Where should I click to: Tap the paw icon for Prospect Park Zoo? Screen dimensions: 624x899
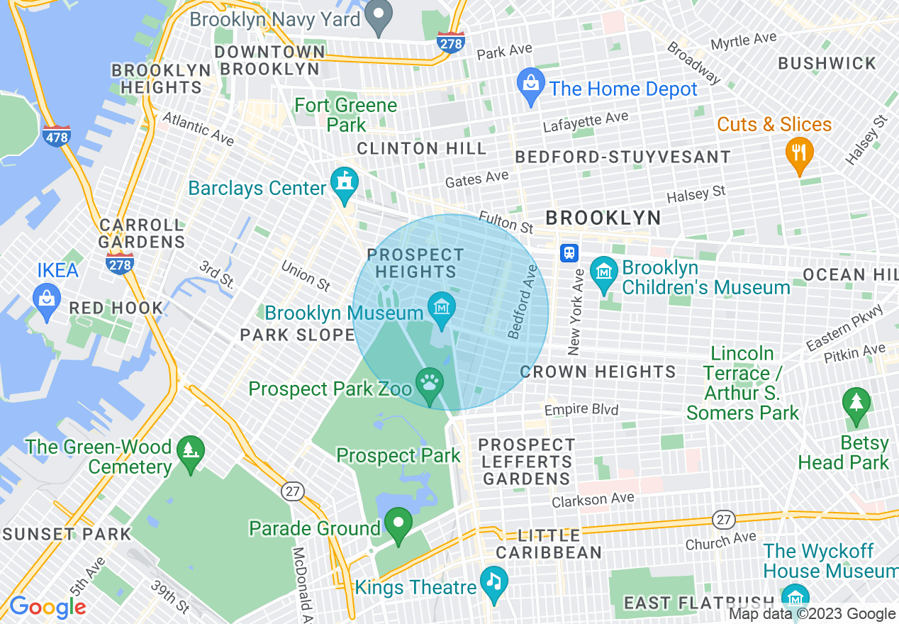point(430,384)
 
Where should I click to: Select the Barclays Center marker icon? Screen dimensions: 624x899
point(345,182)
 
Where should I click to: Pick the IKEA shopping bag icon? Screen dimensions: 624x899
point(47,300)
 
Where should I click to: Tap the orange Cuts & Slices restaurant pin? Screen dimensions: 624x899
point(799,153)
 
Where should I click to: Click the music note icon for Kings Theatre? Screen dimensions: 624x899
point(493,581)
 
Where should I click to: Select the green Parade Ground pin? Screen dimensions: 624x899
point(398,525)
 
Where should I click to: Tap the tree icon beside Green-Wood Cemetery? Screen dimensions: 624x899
point(190,451)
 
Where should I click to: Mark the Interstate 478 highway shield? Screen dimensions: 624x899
point(57,135)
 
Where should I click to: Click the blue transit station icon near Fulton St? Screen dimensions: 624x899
point(569,252)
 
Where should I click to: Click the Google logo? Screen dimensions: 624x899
point(48,607)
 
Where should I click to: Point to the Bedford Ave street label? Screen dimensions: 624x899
point(523,302)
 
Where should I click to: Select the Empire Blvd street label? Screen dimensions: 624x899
point(581,410)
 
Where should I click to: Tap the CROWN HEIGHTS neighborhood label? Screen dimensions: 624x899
point(598,372)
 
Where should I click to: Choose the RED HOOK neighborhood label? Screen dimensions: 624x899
point(116,308)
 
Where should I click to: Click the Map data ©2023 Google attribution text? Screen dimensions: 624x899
point(813,614)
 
